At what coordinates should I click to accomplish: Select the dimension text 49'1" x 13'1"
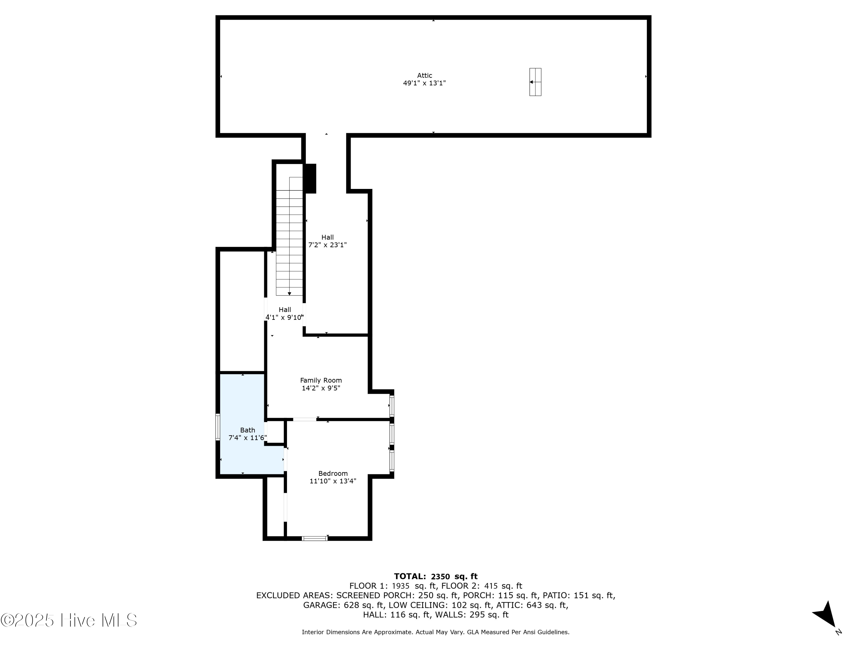425,83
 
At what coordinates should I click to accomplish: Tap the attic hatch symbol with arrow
535,82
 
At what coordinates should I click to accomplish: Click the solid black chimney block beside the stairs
310,178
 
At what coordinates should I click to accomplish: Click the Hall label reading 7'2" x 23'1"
327,241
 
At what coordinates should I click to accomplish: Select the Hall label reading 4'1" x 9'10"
285,314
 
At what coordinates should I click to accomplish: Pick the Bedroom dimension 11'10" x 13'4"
333,481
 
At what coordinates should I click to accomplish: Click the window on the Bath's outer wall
218,427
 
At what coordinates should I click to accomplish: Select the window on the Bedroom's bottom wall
315,538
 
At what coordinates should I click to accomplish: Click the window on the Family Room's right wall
392,406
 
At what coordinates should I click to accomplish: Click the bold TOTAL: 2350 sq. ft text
436,576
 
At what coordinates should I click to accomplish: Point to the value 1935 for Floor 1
401,586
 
